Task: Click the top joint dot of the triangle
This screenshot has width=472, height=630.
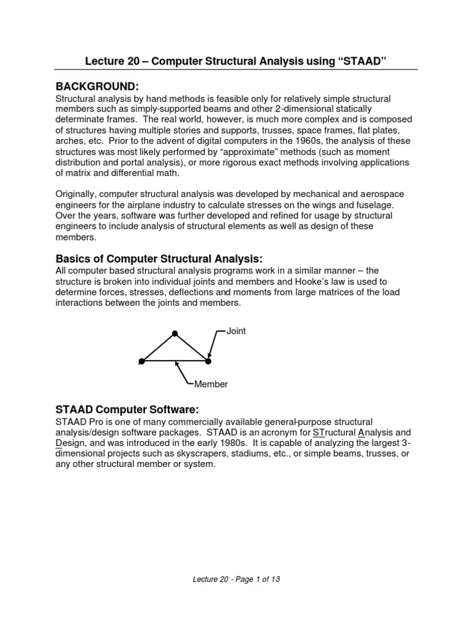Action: point(175,333)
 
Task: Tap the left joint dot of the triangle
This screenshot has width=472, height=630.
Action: point(142,361)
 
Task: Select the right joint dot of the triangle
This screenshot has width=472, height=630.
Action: point(208,361)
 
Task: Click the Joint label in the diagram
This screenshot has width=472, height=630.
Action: point(236,331)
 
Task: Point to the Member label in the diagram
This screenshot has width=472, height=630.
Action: point(211,385)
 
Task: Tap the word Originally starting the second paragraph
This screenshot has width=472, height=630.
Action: point(79,194)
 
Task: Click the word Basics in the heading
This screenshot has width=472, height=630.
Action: point(73,258)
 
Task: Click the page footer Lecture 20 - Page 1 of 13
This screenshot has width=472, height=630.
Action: point(235,579)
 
